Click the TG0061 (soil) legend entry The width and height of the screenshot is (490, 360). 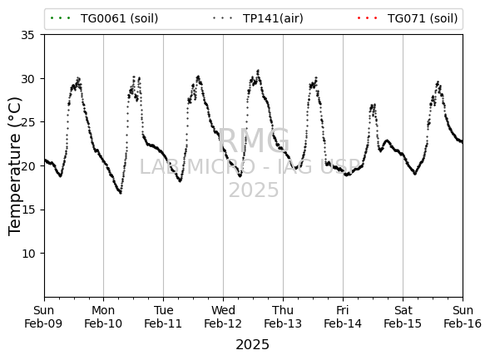104,18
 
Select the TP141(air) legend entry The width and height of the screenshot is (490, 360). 258,18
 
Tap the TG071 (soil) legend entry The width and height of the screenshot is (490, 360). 408,18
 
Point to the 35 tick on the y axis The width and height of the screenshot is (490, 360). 27,35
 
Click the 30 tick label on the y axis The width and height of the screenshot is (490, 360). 27,79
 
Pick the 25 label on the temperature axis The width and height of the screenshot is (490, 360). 27,122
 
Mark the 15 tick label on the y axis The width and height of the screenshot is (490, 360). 27,210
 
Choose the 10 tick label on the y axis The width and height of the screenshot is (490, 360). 27,254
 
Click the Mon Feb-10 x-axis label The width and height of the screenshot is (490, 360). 103,317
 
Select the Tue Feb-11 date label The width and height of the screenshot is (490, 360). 163,317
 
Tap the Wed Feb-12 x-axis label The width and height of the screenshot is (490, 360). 223,317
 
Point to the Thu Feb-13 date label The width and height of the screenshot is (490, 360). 283,317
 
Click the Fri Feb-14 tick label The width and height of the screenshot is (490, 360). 343,317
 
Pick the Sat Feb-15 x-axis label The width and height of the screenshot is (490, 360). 403,317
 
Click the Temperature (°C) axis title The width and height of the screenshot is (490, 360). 15,166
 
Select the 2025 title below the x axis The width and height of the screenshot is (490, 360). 253,345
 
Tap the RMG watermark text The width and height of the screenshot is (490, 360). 254,141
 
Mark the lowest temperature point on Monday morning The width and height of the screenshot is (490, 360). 121,193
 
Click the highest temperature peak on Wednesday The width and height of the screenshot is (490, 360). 258,71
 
